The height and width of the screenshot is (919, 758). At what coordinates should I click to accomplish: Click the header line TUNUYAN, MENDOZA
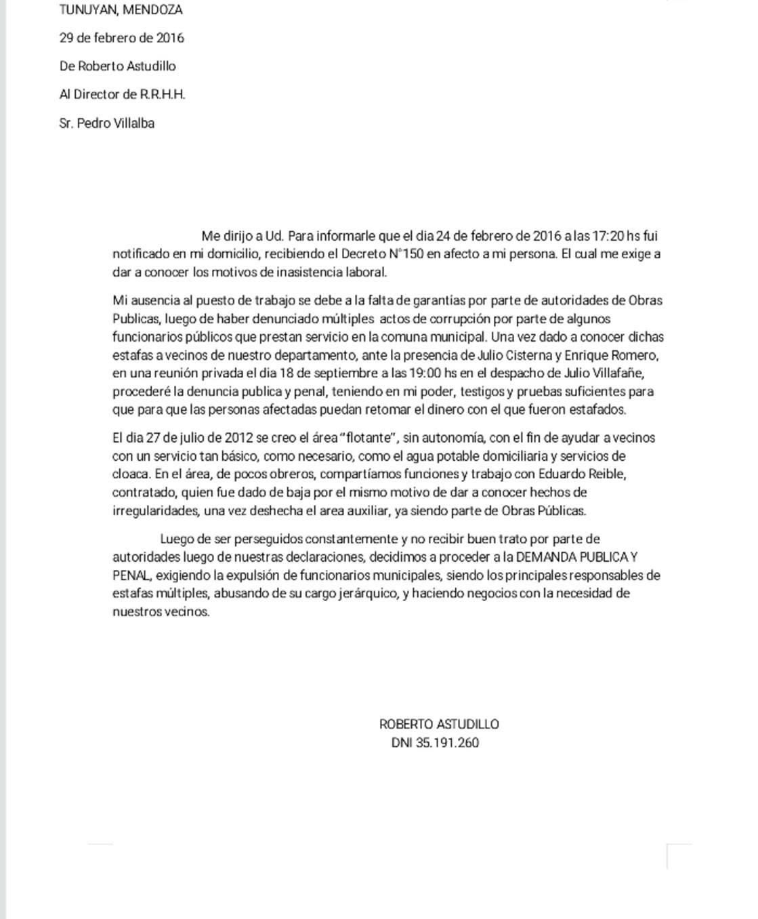tap(121, 10)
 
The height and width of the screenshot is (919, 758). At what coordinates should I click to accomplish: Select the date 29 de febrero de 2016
tap(121, 38)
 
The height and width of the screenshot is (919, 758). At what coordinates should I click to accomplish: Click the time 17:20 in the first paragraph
tap(608, 237)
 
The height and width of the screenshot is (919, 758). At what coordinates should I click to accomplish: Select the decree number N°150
tap(403, 255)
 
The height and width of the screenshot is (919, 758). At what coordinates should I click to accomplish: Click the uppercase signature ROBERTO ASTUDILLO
tap(439, 724)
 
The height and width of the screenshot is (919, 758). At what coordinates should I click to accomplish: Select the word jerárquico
tap(364, 594)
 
